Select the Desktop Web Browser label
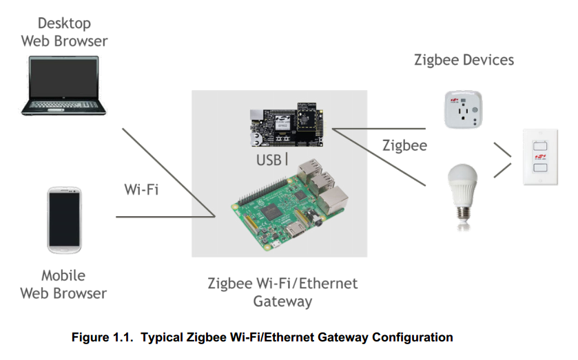tap(64, 32)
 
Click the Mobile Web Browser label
tap(63, 284)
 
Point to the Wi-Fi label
tap(141, 189)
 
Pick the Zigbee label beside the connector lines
tap(404, 146)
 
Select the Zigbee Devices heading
tap(464, 60)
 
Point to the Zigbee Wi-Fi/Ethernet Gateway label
tap(282, 292)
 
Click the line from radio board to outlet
tap(379, 129)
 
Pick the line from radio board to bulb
tap(379, 157)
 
